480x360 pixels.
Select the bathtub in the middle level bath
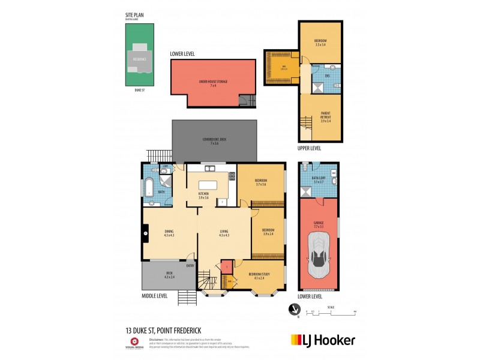tap(148, 187)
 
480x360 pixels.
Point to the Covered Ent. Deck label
tap(214, 142)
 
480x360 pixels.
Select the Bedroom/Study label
tap(259, 275)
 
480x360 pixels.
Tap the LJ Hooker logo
tap(323, 340)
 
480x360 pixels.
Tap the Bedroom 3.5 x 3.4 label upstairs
tap(320, 43)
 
